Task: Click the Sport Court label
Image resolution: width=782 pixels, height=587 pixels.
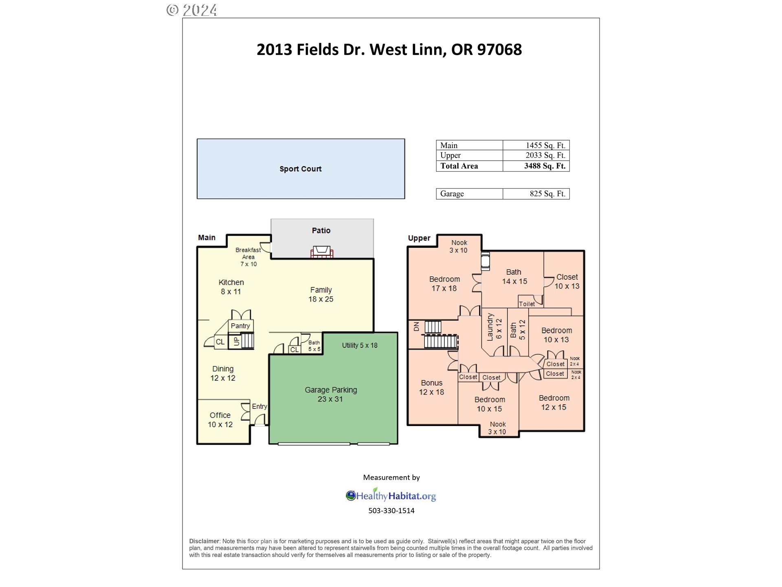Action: click(301, 169)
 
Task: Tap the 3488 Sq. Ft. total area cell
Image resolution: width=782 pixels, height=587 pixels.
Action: click(544, 166)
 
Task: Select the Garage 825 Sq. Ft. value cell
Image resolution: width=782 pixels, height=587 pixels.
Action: click(547, 194)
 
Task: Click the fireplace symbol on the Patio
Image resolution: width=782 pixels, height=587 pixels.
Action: click(322, 252)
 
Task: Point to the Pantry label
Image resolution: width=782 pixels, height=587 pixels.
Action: click(240, 326)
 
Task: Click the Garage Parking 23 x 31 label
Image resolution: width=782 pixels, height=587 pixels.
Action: click(331, 394)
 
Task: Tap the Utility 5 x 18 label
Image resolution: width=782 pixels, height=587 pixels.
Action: click(360, 345)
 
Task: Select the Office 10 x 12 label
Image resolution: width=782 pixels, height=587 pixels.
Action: click(220, 419)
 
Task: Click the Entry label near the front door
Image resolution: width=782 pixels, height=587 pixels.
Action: click(259, 406)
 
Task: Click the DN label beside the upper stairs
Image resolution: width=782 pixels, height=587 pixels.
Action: click(416, 327)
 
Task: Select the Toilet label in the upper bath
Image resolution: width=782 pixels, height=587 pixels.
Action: click(527, 304)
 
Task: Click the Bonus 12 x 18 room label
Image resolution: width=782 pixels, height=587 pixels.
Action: click(432, 387)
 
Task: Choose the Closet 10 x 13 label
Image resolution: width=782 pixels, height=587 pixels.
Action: click(567, 281)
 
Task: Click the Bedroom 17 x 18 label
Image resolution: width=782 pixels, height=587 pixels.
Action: click(444, 283)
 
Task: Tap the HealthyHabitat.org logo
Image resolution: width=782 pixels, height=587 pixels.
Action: click(391, 496)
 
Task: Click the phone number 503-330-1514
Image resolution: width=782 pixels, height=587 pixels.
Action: click(391, 510)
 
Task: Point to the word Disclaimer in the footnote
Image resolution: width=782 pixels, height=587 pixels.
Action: click(204, 541)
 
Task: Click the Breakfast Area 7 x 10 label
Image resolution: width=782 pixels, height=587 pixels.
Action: click(248, 257)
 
